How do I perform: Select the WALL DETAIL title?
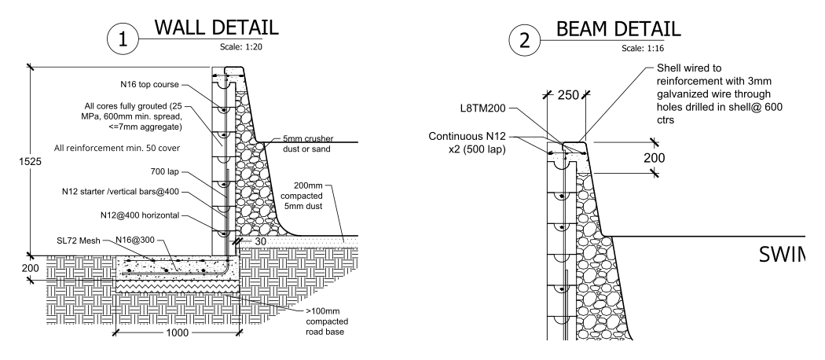[216, 28]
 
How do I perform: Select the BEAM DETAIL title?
[618, 30]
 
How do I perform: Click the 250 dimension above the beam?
[567, 95]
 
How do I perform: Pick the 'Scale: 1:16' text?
[642, 48]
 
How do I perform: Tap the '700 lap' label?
[167, 171]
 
